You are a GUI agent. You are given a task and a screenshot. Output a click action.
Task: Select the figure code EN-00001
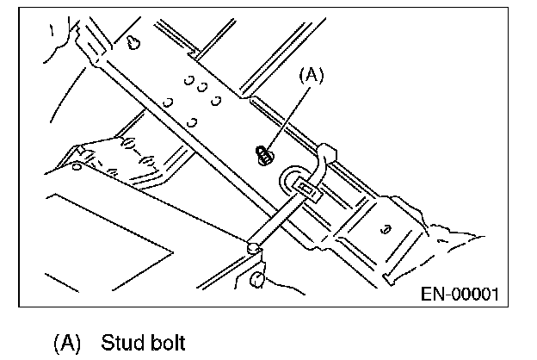click(x=459, y=295)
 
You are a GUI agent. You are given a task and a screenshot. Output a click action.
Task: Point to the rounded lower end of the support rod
click(x=252, y=249)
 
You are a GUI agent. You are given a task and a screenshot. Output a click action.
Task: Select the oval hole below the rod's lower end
click(x=258, y=278)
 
